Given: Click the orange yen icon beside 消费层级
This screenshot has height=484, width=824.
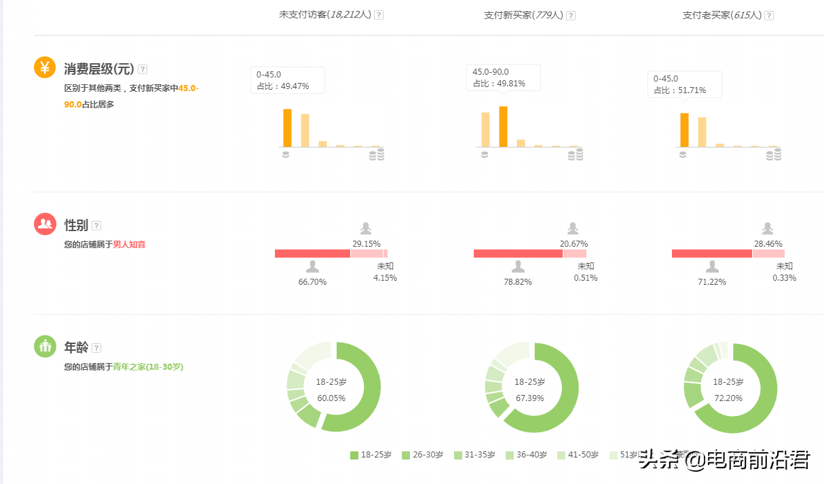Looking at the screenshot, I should tap(45, 67).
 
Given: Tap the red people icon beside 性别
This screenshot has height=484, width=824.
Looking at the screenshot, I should tap(45, 224).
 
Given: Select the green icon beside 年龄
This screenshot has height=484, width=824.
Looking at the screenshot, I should tap(45, 346).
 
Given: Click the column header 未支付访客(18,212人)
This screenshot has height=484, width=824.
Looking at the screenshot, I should tap(325, 14).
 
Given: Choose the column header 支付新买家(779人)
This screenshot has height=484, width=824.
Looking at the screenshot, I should tap(523, 15).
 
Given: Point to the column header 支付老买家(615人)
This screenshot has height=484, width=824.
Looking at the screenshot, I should tap(722, 15).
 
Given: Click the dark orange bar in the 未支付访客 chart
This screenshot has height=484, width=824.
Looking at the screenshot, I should tap(287, 128).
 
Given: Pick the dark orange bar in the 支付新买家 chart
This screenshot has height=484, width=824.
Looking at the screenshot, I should tap(503, 126).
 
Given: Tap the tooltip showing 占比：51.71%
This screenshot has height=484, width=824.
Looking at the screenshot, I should tap(684, 84).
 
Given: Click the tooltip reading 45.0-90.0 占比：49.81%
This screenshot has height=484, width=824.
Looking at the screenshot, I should tap(503, 77).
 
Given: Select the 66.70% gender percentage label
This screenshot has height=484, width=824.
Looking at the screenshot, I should tap(312, 281).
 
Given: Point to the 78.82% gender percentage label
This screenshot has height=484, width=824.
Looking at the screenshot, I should tap(518, 281).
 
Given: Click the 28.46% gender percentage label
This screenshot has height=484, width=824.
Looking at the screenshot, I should tap(768, 243).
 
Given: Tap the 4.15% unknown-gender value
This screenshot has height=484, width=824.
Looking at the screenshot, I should tap(385, 277).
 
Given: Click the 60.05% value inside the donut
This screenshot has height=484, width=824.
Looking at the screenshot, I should tap(331, 398).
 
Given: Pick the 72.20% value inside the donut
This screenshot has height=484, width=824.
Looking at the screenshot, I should tap(728, 398).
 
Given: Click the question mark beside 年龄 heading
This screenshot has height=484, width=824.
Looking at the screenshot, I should tap(96, 348).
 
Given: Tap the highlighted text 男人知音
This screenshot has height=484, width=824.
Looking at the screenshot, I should tap(129, 244).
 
